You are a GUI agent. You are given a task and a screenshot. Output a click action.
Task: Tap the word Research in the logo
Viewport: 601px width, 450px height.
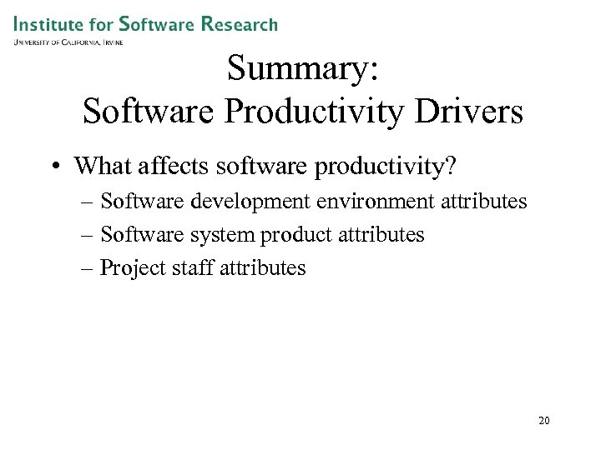[239, 23]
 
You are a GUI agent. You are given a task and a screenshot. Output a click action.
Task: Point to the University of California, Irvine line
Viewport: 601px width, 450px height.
[68, 42]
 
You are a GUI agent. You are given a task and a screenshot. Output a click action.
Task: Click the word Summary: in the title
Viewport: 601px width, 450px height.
[303, 68]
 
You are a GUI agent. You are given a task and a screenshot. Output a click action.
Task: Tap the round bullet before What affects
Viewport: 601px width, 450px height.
[54, 167]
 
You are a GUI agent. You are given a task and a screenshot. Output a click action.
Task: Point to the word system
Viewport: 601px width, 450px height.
[221, 235]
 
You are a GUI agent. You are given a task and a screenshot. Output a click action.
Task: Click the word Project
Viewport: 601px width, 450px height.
[129, 268]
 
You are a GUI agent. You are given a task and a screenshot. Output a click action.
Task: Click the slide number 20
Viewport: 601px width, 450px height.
[544, 421]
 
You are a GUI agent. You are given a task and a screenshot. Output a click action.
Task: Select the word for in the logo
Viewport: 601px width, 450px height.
[100, 23]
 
